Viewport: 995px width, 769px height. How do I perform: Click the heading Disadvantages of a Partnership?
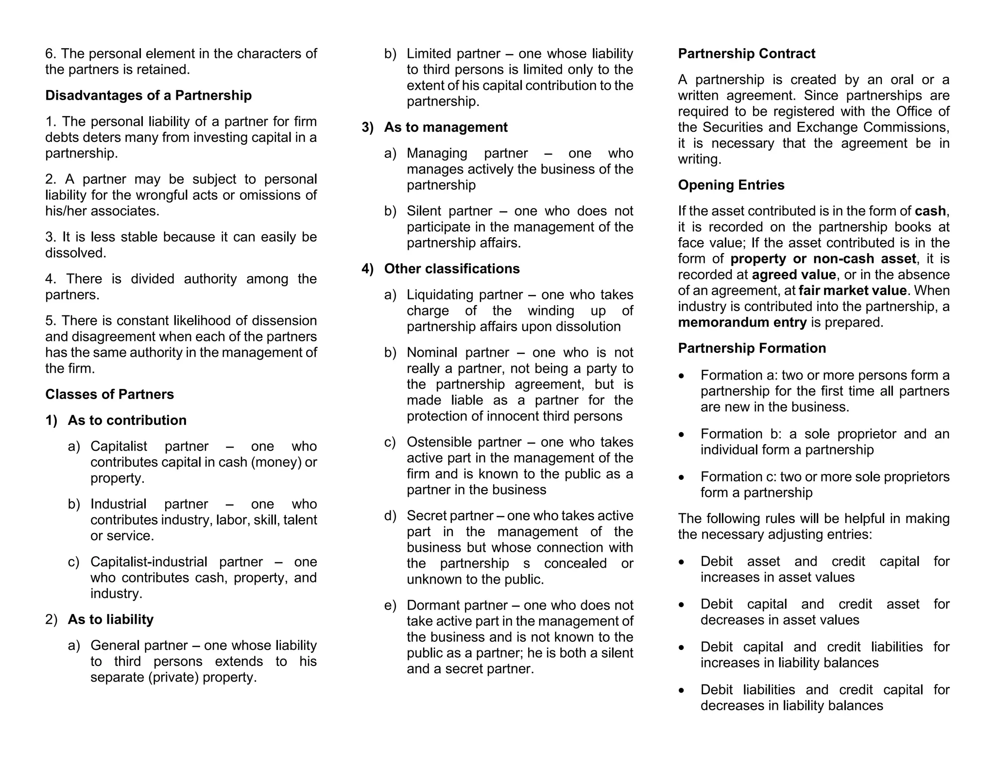click(148, 95)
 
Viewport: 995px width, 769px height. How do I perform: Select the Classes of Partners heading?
click(109, 394)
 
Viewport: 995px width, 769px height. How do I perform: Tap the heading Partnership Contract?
click(746, 53)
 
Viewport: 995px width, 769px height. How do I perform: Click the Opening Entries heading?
click(731, 185)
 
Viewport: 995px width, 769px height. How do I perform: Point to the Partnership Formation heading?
click(752, 348)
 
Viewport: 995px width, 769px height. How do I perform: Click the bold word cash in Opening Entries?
click(930, 211)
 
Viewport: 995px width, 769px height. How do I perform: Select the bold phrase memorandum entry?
click(742, 322)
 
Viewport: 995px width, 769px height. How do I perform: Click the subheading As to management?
click(446, 127)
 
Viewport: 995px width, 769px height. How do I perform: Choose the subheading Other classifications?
click(451, 269)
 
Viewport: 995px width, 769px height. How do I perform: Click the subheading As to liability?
click(110, 619)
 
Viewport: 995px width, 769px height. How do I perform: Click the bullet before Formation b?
click(682, 435)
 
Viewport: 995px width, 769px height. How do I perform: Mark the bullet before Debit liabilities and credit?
click(682, 690)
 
